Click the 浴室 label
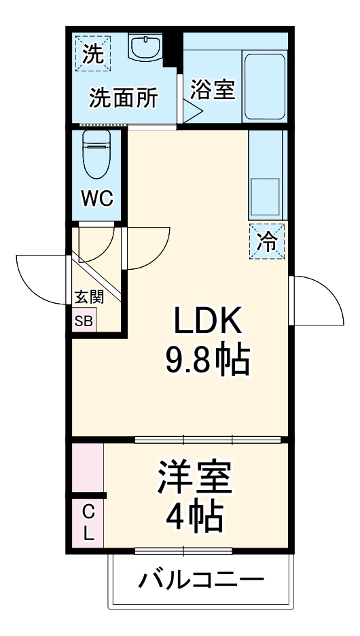coord(212,89)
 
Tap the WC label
coord(97,199)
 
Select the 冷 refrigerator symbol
coord(267,241)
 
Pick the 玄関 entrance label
coord(89,298)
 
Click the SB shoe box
coord(85,321)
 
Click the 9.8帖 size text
coord(207,361)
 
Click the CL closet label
coord(88,523)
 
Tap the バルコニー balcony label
coord(201,582)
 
